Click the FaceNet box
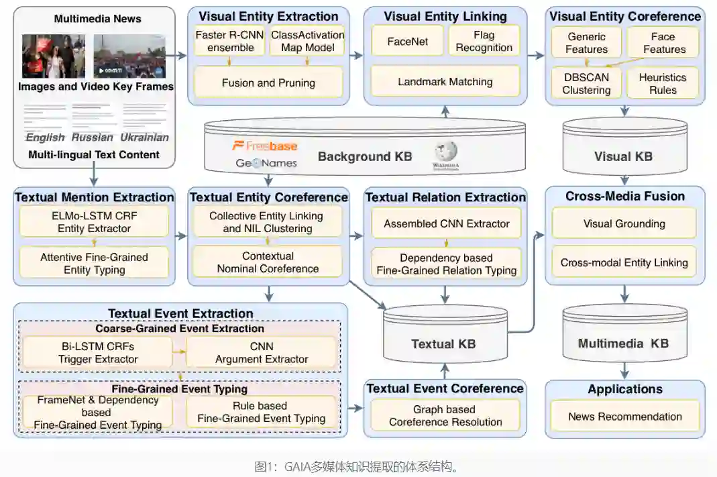click(408, 42)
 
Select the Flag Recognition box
click(484, 42)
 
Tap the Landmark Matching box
click(445, 82)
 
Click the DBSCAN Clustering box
click(586, 83)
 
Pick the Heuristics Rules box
click(663, 83)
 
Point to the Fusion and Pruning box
click(268, 83)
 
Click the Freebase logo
click(264, 146)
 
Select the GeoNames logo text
click(266, 163)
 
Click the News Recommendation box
click(625, 417)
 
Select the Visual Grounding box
click(625, 223)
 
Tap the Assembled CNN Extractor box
click(447, 223)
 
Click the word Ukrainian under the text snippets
click(145, 138)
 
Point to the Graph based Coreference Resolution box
click(445, 415)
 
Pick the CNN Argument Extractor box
click(262, 353)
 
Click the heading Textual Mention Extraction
click(95, 197)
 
